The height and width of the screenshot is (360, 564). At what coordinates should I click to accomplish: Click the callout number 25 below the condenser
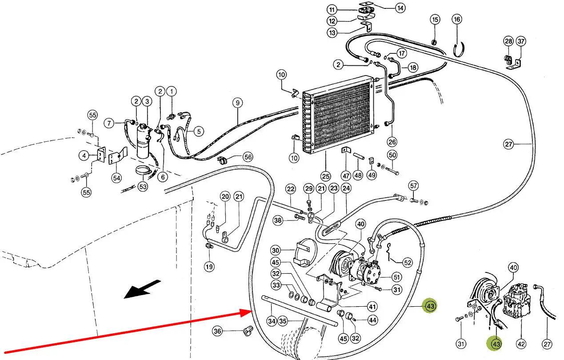tap(325, 176)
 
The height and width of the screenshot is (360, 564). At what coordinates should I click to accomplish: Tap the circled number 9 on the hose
tap(237, 103)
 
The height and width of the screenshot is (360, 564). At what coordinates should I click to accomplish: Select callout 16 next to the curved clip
tap(457, 19)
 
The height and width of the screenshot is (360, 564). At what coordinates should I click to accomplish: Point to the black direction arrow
tap(142, 289)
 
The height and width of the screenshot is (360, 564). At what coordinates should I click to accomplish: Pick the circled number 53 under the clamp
tap(142, 187)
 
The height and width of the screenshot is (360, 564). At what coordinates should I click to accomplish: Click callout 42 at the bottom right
tap(521, 344)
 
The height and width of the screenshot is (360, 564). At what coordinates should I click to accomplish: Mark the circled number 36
tap(217, 331)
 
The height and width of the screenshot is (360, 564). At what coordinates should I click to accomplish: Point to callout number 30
tap(276, 250)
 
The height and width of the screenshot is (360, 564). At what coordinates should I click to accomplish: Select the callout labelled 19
tap(209, 267)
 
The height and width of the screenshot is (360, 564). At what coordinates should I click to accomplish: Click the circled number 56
tap(247, 156)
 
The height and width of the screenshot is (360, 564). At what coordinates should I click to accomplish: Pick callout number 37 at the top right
tap(521, 42)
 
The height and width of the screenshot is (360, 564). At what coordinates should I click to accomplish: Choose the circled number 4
tap(84, 156)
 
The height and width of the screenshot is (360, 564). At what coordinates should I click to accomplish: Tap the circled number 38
tap(278, 220)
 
